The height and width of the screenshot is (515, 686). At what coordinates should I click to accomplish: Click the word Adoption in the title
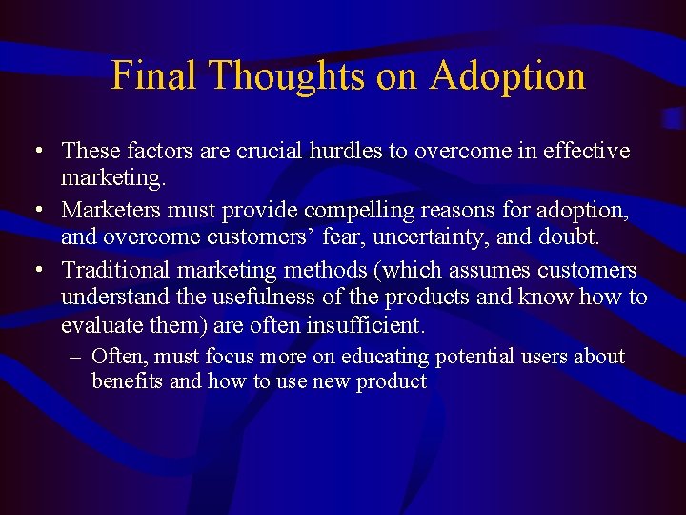[x=507, y=76]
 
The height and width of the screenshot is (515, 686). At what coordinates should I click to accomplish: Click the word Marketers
[x=107, y=207]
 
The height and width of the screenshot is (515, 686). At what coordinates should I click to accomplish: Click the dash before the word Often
[x=75, y=358]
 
